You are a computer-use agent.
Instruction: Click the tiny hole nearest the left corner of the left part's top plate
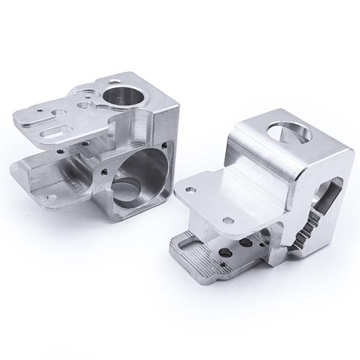39,110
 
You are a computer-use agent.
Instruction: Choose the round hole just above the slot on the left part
58,112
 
